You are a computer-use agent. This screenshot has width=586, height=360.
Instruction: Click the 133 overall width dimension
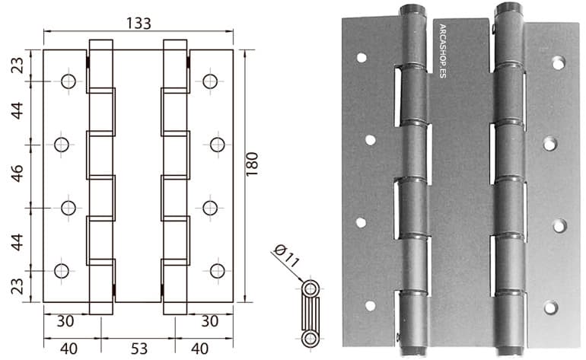139,24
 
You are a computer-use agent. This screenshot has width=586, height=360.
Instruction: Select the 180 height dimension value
252,164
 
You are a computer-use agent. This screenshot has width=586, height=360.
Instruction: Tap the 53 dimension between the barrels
139,349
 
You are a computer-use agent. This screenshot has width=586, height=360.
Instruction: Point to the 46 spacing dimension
18,174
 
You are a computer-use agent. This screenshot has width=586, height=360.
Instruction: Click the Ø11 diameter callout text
287,255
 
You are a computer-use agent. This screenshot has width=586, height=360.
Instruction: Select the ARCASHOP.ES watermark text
442,51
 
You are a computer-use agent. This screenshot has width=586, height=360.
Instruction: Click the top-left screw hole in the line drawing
68,81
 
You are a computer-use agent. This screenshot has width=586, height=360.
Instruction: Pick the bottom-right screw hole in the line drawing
218,271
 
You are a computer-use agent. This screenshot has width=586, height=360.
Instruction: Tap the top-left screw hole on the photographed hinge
361,58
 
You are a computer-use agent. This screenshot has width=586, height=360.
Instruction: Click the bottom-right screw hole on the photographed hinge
550,307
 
